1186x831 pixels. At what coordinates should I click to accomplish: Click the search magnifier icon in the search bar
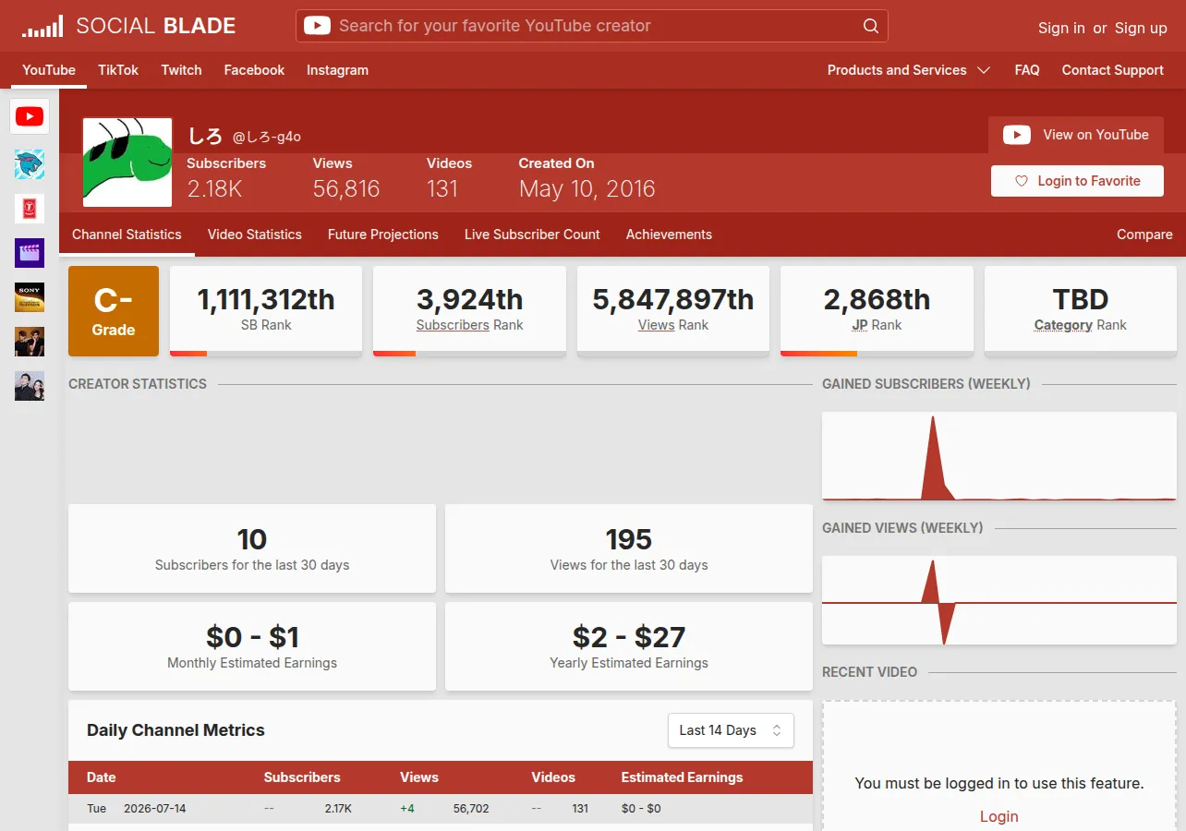[870, 26]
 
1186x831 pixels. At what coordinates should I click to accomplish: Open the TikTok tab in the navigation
[118, 70]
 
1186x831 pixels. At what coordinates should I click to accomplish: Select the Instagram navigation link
[337, 70]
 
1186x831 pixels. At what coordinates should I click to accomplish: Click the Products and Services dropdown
[909, 70]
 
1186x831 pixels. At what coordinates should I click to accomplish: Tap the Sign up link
[1141, 28]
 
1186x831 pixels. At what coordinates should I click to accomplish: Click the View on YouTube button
[1076, 135]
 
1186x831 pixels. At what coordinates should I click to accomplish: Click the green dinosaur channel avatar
[127, 162]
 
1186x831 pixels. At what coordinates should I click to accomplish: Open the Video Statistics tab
[255, 235]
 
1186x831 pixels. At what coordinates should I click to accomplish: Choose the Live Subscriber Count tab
[532, 235]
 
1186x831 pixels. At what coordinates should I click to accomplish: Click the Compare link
[1144, 235]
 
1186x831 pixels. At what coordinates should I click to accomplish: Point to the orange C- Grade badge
[114, 310]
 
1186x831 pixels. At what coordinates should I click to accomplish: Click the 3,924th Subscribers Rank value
[469, 299]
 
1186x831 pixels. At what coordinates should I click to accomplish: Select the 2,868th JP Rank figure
[877, 299]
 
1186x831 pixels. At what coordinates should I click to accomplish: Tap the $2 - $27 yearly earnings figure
[629, 637]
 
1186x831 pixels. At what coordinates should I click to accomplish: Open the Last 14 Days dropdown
[731, 730]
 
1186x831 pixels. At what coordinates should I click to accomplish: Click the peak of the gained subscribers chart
[933, 417]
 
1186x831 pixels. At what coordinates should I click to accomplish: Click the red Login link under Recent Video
[999, 816]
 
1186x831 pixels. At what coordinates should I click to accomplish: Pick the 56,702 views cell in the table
[471, 808]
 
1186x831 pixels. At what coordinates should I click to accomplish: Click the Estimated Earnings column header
[682, 777]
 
